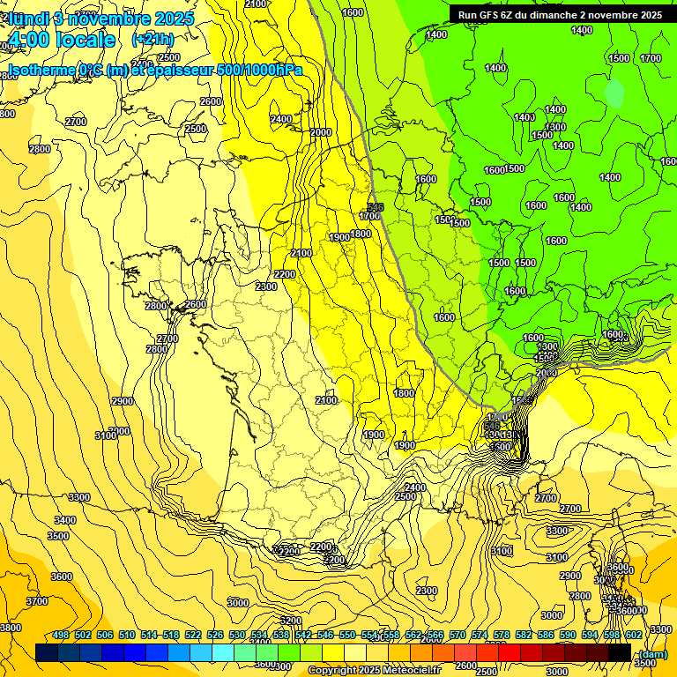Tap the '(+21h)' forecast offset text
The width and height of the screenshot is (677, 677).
[x=153, y=39]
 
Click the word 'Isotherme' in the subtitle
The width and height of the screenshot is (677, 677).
[x=41, y=71]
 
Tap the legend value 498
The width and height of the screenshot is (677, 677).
[x=61, y=635]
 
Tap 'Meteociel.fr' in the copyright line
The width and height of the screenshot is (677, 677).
[x=413, y=671]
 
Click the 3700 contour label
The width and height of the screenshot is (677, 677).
[x=37, y=601]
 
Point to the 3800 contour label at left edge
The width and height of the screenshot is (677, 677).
[x=10, y=628]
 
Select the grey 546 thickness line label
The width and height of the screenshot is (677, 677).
[x=376, y=207]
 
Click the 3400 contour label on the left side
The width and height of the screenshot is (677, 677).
[x=64, y=520]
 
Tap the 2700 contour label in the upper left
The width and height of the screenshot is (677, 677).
[x=76, y=122]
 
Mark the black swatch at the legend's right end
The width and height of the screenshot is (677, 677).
[x=620, y=653]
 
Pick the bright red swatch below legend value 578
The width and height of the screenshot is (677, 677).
[x=510, y=653]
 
